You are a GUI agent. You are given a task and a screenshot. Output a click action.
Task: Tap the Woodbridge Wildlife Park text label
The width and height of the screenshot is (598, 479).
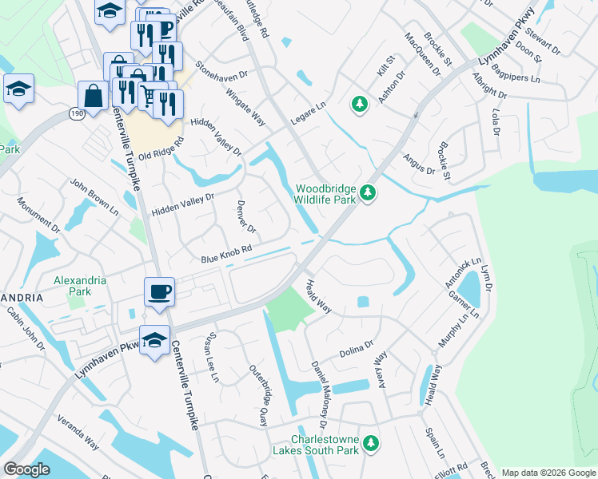325,195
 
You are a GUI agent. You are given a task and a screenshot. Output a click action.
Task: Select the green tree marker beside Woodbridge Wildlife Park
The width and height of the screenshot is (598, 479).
368,192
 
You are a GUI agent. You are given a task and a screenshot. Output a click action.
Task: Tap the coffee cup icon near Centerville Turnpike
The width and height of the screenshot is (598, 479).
159,292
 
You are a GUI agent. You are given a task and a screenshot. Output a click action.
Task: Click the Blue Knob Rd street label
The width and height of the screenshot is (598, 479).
226,254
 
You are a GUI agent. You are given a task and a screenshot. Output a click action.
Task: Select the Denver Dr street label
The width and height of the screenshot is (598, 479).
246,216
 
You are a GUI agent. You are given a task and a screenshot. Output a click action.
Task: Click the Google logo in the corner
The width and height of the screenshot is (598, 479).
26,469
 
